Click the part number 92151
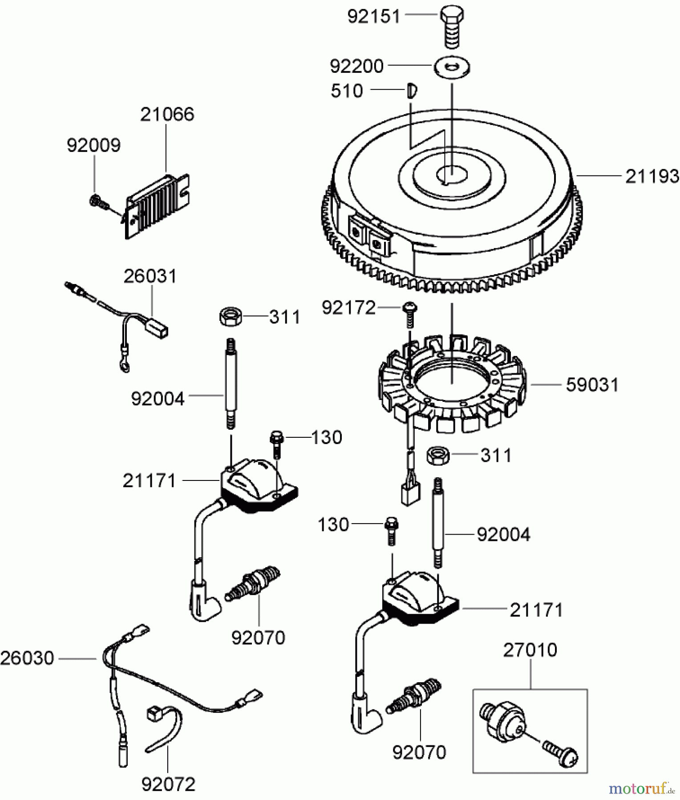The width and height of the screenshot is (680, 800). tap(374, 17)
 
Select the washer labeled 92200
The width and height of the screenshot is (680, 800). tap(452, 67)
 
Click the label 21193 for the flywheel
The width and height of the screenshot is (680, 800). tap(652, 176)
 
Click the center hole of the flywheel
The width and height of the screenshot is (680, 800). tap(451, 173)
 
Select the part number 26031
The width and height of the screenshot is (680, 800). tap(150, 276)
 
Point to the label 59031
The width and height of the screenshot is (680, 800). tap(592, 385)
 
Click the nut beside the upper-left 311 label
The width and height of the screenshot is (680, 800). tap(231, 316)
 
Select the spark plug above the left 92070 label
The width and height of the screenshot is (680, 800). tap(253, 583)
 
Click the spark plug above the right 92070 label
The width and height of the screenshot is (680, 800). tap(414, 696)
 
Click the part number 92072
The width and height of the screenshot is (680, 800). tap(168, 784)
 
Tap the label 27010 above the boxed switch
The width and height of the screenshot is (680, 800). tap(530, 650)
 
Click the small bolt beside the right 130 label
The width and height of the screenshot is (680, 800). tap(392, 531)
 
